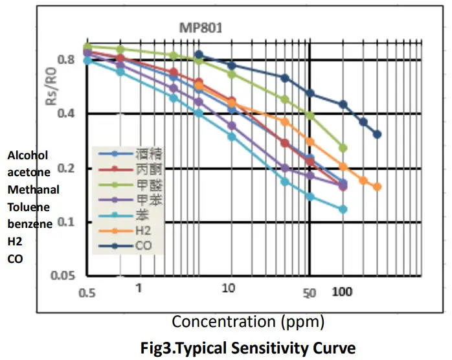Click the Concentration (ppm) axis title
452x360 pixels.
(248, 321)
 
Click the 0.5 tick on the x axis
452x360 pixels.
(87, 293)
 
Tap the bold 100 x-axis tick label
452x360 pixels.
(342, 292)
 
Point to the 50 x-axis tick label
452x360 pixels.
(310, 293)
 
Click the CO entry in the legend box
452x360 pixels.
(144, 245)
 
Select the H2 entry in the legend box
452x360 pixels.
(144, 230)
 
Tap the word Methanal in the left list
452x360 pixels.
(34, 190)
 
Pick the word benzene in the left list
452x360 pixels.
(30, 224)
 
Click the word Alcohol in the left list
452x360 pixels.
(28, 155)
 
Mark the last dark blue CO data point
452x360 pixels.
(377, 135)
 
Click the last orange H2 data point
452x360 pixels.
(377, 187)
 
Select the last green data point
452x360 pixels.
(343, 148)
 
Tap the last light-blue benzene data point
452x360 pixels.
(343, 209)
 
